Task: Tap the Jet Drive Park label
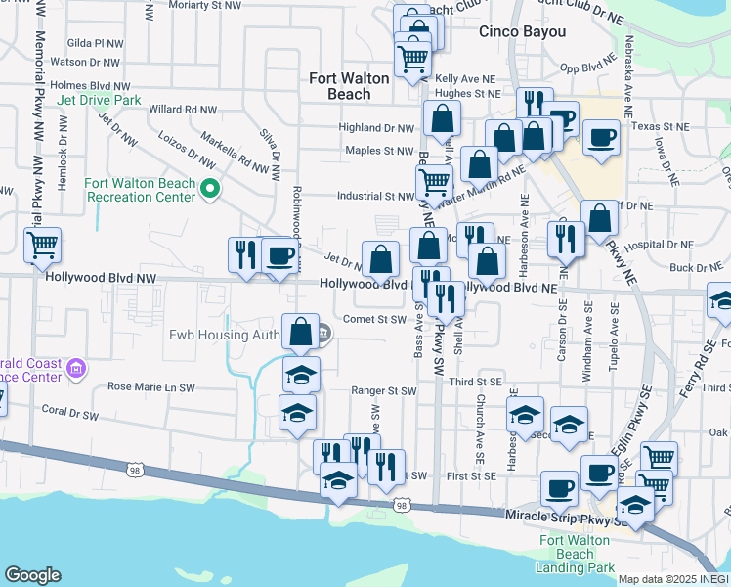click(x=99, y=101)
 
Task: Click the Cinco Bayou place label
click(x=522, y=32)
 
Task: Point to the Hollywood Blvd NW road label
click(x=102, y=279)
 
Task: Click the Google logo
click(x=33, y=575)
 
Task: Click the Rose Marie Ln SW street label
click(x=151, y=387)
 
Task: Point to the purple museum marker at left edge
click(x=75, y=370)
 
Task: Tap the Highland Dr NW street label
click(x=376, y=128)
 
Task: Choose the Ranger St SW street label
click(x=384, y=391)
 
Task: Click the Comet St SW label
click(x=374, y=319)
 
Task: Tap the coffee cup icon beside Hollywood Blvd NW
click(x=279, y=255)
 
